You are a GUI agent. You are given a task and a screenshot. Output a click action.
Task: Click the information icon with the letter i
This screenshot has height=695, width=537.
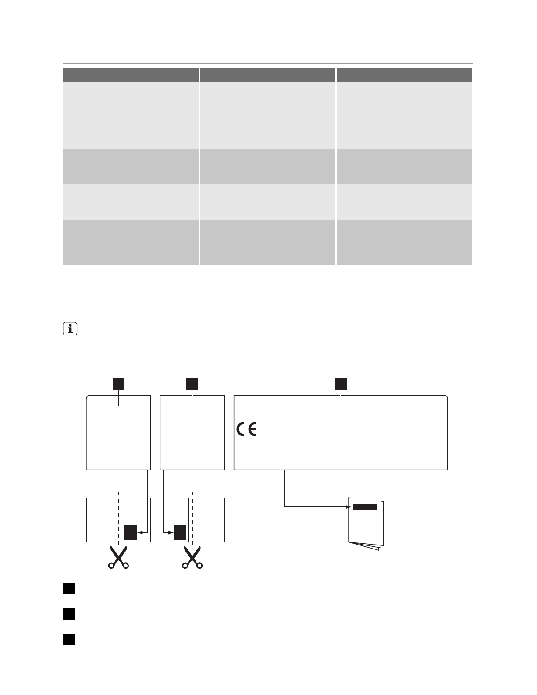click(70, 329)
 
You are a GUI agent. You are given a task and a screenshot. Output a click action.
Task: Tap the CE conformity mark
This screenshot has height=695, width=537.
click(247, 430)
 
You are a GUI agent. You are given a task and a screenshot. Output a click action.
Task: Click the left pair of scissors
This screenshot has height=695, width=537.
click(118, 558)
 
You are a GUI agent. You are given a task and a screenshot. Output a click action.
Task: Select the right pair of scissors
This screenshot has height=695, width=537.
click(192, 558)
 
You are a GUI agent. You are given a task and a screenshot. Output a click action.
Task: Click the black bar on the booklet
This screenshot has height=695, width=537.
click(365, 507)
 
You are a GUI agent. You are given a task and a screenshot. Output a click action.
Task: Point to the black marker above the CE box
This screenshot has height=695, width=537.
click(341, 384)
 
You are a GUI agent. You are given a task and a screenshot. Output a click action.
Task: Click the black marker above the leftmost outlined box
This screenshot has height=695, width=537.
click(118, 384)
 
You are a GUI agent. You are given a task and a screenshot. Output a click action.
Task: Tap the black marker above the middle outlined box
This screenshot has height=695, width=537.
click(192, 384)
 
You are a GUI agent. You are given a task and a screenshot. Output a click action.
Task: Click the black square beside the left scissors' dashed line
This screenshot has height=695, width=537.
click(131, 532)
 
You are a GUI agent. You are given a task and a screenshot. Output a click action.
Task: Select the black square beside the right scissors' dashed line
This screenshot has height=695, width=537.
click(181, 532)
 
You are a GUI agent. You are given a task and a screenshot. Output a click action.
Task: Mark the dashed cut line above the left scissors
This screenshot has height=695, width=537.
click(118, 517)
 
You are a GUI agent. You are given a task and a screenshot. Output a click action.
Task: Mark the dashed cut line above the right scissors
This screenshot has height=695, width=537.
click(192, 517)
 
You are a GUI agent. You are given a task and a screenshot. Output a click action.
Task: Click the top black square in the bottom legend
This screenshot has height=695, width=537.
click(69, 588)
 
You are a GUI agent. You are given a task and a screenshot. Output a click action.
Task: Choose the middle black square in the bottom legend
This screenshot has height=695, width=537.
click(69, 614)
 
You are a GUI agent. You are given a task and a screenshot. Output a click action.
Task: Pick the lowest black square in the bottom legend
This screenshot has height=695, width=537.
click(69, 639)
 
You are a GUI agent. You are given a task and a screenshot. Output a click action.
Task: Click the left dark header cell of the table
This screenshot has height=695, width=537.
click(131, 75)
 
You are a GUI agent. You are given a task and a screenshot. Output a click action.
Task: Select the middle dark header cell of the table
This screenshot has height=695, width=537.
click(267, 75)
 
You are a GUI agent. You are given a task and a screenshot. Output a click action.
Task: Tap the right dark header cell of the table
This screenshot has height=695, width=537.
click(404, 75)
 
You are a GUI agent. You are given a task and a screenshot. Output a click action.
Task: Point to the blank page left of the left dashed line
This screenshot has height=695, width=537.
click(100, 520)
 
